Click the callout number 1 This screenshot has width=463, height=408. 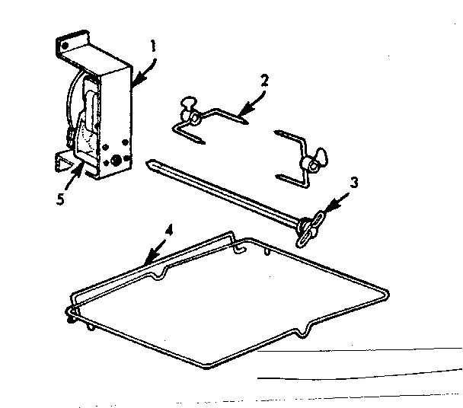click(x=153, y=45)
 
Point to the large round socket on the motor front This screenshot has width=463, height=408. click(x=117, y=161)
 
